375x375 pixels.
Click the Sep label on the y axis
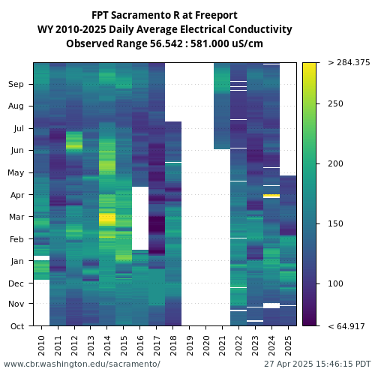[x=16, y=84]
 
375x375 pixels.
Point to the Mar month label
[x=16, y=217]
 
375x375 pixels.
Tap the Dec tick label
[x=16, y=283]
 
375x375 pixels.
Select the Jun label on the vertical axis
[x=17, y=150]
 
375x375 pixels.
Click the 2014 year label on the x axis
[x=107, y=346]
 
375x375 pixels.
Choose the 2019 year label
[x=190, y=346]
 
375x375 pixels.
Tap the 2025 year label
[x=288, y=346]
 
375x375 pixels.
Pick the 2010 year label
[x=41, y=346]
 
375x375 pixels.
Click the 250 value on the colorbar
[x=335, y=103]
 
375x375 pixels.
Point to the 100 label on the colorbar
[x=335, y=283]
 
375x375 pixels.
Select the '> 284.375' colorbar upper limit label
[x=349, y=62]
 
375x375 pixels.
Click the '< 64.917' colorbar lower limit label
[x=346, y=326]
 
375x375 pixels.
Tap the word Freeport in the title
[x=216, y=16]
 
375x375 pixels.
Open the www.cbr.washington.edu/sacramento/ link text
[x=82, y=364]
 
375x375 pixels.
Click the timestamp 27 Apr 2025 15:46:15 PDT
[x=317, y=364]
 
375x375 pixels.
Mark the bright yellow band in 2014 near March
[x=107, y=220]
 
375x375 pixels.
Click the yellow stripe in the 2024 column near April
[x=271, y=196]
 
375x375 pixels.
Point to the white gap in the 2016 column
[x=140, y=218]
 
